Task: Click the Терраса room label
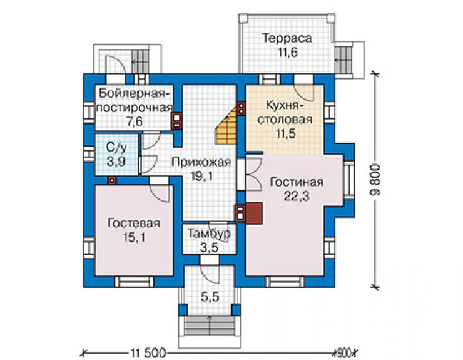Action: [287, 39]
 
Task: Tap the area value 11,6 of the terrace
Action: [288, 53]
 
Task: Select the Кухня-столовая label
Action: [285, 112]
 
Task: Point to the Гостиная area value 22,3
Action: [297, 196]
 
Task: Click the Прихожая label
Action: [201, 162]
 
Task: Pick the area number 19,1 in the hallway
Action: [201, 177]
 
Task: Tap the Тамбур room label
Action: [209, 234]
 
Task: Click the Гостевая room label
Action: [134, 223]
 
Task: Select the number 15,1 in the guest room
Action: [134, 237]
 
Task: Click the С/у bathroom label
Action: [116, 148]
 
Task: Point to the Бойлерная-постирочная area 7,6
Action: [135, 121]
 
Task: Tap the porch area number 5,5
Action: [210, 297]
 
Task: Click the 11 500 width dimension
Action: [148, 353]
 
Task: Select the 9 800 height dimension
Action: [376, 180]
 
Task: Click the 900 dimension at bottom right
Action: [344, 353]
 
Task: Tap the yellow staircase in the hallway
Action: [227, 128]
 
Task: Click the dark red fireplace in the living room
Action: [253, 213]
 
